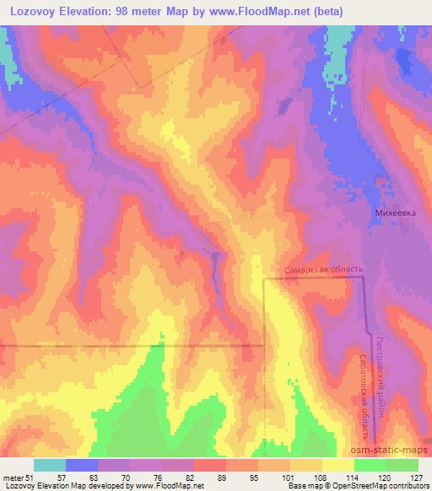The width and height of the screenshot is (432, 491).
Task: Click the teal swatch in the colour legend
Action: coord(50,465)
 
